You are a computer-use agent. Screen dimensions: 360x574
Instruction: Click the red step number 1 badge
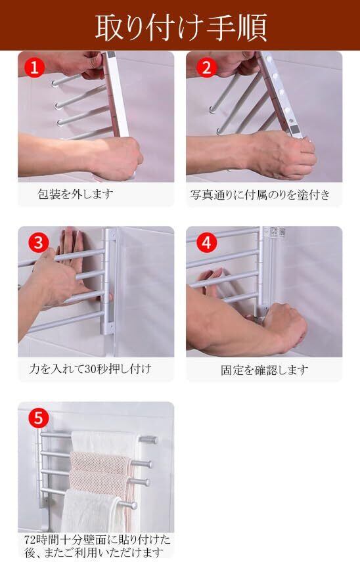pyautogui.click(x=34, y=68)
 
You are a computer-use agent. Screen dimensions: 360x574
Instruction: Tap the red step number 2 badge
pyautogui.click(x=207, y=68)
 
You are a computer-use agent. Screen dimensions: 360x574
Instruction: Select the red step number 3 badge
pyautogui.click(x=39, y=242)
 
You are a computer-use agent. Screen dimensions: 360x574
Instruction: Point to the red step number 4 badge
pyautogui.click(x=207, y=242)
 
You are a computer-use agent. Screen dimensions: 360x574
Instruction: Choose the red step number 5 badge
pyautogui.click(x=39, y=418)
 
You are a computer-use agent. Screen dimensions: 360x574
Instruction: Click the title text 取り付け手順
pyautogui.click(x=181, y=27)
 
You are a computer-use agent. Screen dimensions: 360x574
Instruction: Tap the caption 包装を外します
pyautogui.click(x=76, y=194)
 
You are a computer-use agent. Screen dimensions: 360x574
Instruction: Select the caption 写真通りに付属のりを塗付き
pyautogui.click(x=260, y=194)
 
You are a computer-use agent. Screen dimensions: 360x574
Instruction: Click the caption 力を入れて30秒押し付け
pyautogui.click(x=90, y=368)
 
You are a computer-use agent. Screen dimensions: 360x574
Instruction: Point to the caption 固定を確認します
pyautogui.click(x=264, y=370)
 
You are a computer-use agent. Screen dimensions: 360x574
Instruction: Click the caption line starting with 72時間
pyautogui.click(x=97, y=540)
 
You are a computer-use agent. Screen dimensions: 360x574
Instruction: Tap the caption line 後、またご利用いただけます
pyautogui.click(x=94, y=552)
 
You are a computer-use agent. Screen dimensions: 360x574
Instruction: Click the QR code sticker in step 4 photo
pyautogui.click(x=277, y=231)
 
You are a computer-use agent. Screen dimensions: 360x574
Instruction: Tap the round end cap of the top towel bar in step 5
pyautogui.click(x=152, y=439)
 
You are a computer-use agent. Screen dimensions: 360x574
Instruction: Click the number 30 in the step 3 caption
pyautogui.click(x=90, y=369)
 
